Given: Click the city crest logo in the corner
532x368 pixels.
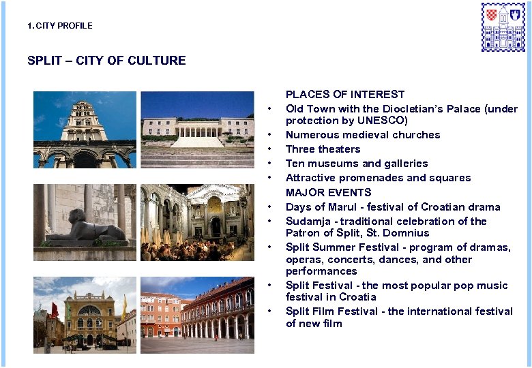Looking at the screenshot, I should click(x=503, y=27).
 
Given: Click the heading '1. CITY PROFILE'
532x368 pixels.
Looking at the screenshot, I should click(x=59, y=26).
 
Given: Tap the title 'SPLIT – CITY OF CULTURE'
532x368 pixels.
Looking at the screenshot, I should click(x=106, y=61).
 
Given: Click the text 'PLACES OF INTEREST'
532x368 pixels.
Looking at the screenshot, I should click(x=345, y=95).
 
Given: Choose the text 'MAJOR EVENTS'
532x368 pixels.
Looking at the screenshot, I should click(x=328, y=192).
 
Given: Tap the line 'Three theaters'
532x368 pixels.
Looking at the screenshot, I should click(x=323, y=149).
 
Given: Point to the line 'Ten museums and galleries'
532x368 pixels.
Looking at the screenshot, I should click(x=357, y=164).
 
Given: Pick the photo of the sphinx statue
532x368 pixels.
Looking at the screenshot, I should click(x=85, y=222).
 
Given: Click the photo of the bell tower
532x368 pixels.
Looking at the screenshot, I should click(x=85, y=129).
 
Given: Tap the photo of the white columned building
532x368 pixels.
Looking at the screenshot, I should click(x=197, y=129).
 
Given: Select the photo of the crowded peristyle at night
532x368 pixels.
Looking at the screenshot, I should click(x=197, y=222).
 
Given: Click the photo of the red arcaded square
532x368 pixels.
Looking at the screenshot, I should click(x=197, y=314).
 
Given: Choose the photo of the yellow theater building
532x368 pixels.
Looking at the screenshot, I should click(x=85, y=314).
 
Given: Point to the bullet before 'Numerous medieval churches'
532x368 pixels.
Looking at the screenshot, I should click(x=271, y=135).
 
